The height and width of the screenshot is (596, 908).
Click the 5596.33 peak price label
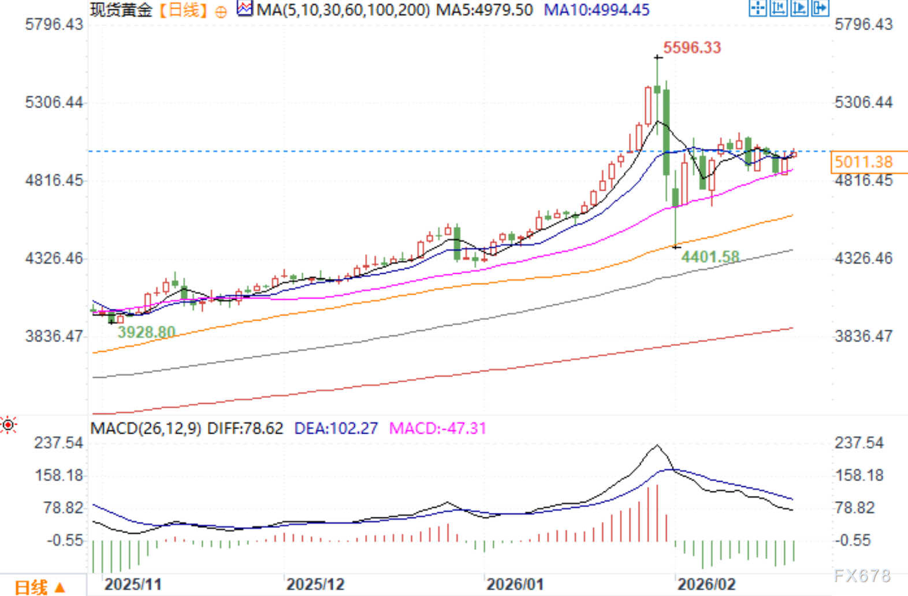692,48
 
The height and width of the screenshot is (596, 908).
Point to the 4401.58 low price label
710,257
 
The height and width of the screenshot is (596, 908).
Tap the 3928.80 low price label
146,333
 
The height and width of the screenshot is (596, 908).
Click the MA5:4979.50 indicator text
484,10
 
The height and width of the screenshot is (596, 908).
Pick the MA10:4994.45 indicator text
597,10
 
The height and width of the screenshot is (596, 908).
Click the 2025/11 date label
133,584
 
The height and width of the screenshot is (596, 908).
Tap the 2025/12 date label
315,584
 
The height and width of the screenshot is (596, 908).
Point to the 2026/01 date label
515,584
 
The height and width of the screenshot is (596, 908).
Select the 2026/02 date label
706,584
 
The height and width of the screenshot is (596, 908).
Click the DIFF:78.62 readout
245,429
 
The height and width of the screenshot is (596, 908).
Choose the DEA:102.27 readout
336,429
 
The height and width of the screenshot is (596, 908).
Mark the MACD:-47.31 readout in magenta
437,429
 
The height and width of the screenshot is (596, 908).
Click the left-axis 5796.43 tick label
54,24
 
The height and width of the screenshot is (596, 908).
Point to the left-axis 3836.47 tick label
54,336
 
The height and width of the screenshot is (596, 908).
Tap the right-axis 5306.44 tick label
864,103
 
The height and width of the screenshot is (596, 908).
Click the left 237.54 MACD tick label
58,443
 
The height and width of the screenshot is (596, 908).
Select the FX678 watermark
862,576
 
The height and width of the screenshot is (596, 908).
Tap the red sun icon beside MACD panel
8,426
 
